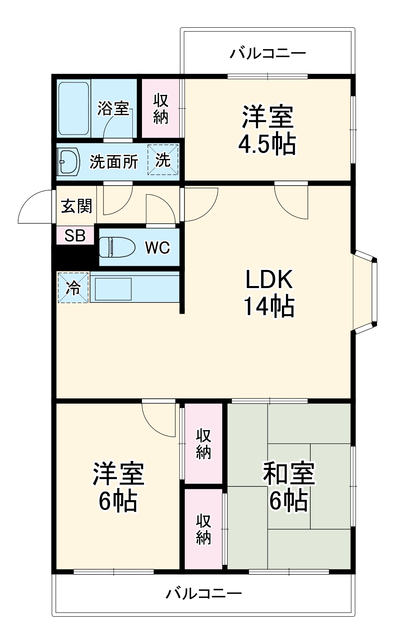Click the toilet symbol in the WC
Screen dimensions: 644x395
tap(117, 247)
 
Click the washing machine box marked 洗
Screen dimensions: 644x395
tap(163, 160)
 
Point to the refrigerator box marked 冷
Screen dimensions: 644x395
tap(73, 288)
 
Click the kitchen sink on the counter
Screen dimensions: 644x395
tap(113, 289)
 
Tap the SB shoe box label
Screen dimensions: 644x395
tap(75, 235)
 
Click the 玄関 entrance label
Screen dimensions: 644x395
tap(76, 206)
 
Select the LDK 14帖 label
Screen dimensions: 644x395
tap(269, 293)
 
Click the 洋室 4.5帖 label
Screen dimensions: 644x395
tap(267, 130)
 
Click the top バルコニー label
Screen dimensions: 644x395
tap(267, 54)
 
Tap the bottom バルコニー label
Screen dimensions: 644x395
tap(204, 593)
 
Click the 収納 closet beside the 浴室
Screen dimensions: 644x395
tap(160, 109)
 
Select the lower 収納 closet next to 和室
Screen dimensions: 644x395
tap(203, 530)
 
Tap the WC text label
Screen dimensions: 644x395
tap(157, 247)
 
